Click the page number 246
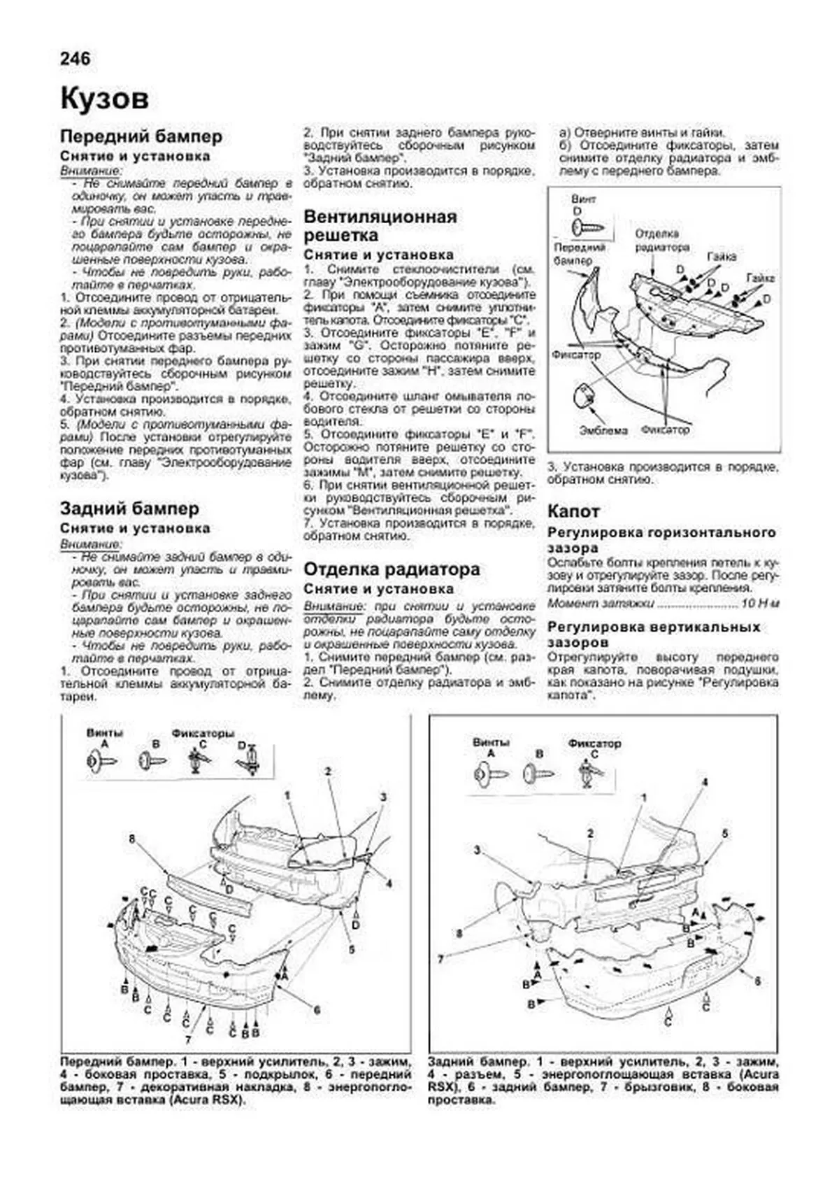[x=76, y=59]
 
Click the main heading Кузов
[x=105, y=99]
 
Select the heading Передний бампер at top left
[x=141, y=136]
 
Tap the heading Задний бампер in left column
[x=129, y=509]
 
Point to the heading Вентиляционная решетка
[x=380, y=225]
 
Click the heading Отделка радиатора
[x=392, y=569]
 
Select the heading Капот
[x=573, y=511]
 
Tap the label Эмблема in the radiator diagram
[x=603, y=431]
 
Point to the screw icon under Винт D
[x=586, y=226]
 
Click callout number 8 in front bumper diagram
[x=131, y=837]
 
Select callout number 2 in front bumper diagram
[x=327, y=772]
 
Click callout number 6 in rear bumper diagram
[x=757, y=981]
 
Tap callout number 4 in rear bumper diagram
[x=705, y=782]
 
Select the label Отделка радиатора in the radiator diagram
[x=662, y=240]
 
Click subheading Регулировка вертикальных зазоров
[x=654, y=634]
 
